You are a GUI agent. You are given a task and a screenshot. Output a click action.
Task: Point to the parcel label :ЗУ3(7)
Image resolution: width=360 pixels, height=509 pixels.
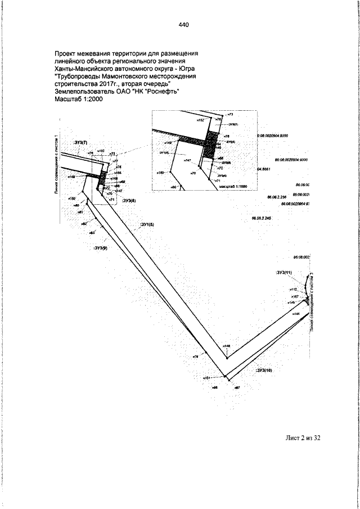[81, 143]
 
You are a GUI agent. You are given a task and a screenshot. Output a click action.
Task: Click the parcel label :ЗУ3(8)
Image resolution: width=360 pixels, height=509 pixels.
[129, 200]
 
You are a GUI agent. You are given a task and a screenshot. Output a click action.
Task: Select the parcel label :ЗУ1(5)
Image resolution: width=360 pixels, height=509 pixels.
[147, 224]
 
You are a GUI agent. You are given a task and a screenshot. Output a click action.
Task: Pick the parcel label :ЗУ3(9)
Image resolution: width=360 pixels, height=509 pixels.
[101, 246]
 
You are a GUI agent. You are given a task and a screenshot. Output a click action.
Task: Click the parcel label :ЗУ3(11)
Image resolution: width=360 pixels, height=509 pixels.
[285, 273]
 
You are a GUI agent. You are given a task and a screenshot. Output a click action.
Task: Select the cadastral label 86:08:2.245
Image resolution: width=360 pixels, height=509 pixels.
[262, 218]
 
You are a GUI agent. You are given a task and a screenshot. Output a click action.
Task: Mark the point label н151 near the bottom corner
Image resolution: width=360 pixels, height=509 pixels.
[206, 379]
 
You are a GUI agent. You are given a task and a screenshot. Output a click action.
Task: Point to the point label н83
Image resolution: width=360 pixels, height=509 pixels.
[92, 232]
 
